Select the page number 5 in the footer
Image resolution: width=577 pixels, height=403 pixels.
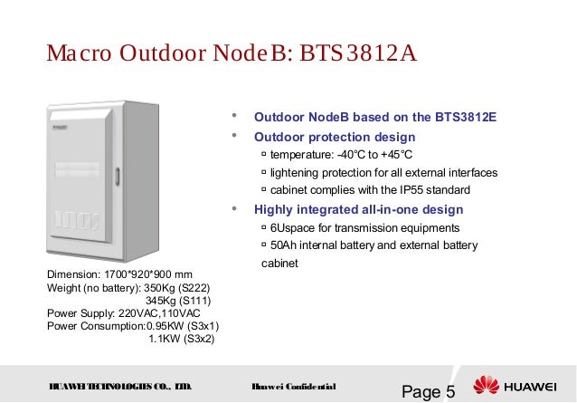449,392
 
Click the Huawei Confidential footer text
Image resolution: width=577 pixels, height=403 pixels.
294,387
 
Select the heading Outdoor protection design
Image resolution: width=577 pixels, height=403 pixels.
335,137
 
